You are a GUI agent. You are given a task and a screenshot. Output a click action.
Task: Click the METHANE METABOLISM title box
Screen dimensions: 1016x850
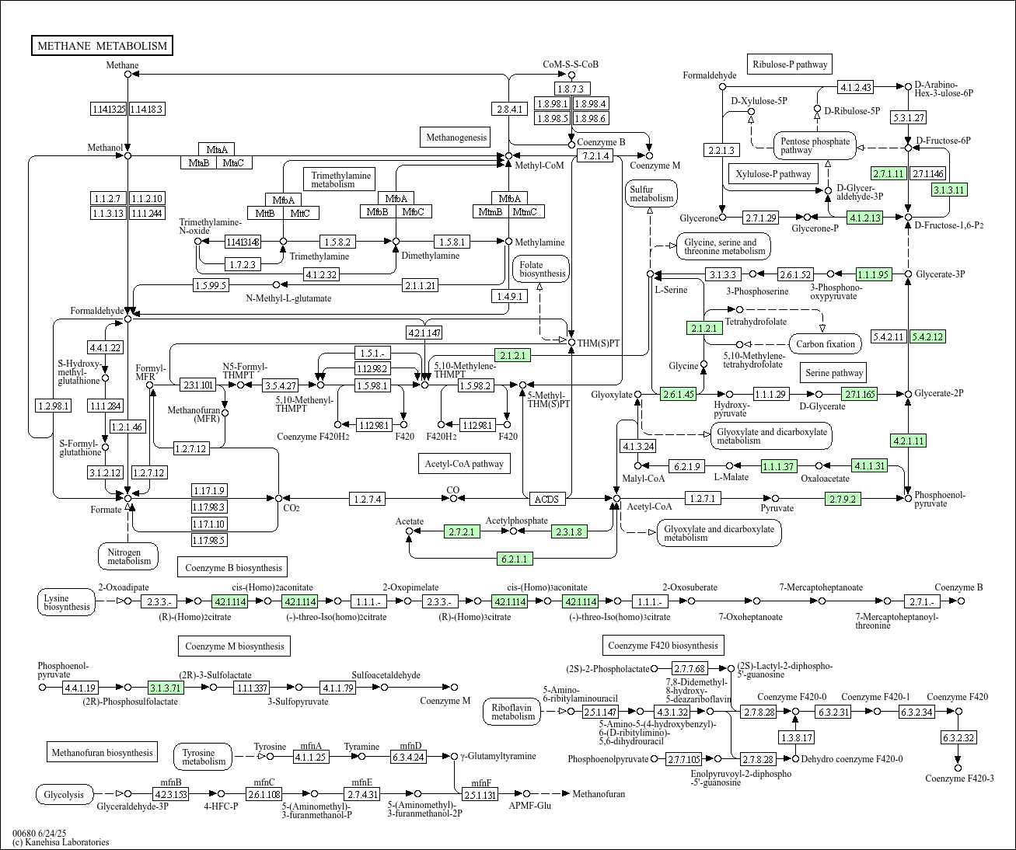pyautogui.click(x=102, y=46)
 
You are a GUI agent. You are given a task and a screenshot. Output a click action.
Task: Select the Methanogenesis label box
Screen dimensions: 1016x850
pyautogui.click(x=456, y=137)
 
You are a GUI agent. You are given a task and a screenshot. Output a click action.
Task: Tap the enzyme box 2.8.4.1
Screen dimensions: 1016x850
pyautogui.click(x=509, y=109)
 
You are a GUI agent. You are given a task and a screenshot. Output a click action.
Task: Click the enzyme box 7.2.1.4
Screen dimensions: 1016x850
pyautogui.click(x=595, y=155)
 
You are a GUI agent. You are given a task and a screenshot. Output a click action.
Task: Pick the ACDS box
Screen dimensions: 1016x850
pyautogui.click(x=547, y=499)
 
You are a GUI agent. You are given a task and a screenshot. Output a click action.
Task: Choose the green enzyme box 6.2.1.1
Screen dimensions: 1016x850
pyautogui.click(x=515, y=559)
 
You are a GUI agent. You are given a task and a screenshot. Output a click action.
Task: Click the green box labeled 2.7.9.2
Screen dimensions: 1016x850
pyautogui.click(x=843, y=499)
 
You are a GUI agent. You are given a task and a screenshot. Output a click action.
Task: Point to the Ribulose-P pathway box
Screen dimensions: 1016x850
pyautogui.click(x=790, y=64)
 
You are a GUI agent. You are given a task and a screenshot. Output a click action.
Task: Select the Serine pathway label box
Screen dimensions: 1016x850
pyautogui.click(x=833, y=373)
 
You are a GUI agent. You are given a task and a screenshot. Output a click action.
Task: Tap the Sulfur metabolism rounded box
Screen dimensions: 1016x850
pyautogui.click(x=651, y=193)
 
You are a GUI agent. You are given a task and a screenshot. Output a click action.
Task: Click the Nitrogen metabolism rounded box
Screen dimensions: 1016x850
pyautogui.click(x=128, y=556)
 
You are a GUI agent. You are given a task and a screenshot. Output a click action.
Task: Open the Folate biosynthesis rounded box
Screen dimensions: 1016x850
pyautogui.click(x=541, y=269)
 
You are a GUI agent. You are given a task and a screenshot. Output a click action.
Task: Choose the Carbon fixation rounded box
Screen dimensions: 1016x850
pyautogui.click(x=826, y=344)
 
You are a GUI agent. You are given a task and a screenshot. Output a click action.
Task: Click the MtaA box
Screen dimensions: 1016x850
pyautogui.click(x=217, y=149)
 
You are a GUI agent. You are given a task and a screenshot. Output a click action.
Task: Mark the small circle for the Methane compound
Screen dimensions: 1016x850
pyautogui.click(x=128, y=75)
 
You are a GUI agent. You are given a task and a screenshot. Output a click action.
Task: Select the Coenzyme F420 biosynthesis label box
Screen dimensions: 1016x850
pyautogui.click(x=663, y=646)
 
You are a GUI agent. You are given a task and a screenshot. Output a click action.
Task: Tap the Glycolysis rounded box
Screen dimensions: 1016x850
pyautogui.click(x=65, y=795)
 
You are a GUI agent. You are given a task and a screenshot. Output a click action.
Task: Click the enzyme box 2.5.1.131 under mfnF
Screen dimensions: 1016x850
pyautogui.click(x=480, y=795)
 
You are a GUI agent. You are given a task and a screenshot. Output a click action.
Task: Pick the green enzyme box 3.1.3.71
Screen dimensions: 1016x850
pyautogui.click(x=166, y=688)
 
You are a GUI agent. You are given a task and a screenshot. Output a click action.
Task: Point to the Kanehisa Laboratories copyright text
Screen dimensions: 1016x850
pyautogui.click(x=61, y=842)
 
